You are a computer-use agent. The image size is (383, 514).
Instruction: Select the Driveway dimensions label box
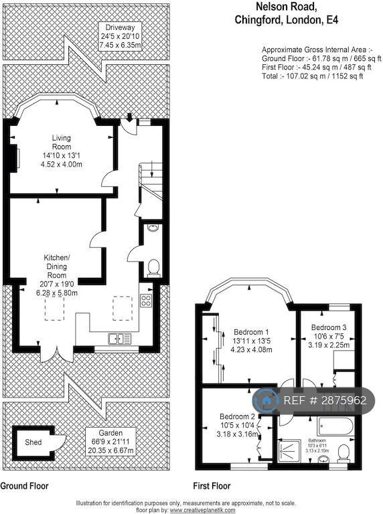click(x=120, y=36)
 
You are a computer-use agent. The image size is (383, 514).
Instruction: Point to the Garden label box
click(x=111, y=442)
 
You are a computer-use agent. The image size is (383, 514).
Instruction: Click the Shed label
click(x=33, y=442)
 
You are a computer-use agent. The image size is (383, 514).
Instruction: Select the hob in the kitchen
click(x=146, y=301)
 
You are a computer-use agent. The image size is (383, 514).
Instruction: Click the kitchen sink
click(x=120, y=338)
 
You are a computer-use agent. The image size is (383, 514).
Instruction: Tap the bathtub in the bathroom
click(x=335, y=426)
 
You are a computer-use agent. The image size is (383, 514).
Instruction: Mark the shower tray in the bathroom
click(x=289, y=451)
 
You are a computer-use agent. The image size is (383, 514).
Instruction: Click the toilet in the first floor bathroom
click(x=343, y=453)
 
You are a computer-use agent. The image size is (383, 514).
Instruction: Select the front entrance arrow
click(x=130, y=117)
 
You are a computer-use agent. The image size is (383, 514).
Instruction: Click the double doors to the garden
click(x=57, y=353)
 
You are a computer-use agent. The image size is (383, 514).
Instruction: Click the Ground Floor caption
click(x=24, y=486)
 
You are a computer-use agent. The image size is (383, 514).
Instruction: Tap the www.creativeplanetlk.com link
click(x=202, y=510)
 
